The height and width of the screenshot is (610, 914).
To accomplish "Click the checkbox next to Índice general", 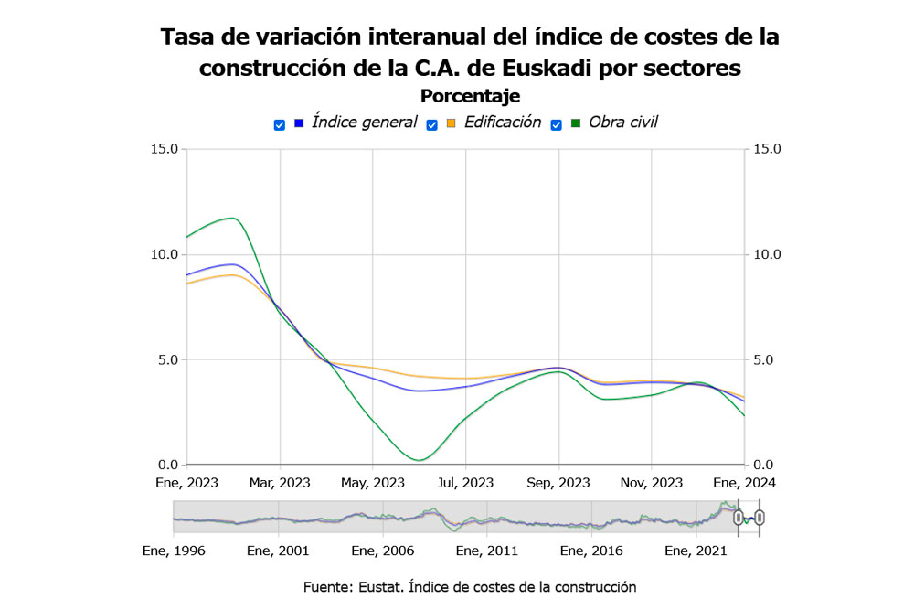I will pyautogui.click(x=280, y=124).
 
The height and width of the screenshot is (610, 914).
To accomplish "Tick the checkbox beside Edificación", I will pyautogui.click(x=432, y=124).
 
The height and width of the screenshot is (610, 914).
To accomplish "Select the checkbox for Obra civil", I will pyautogui.click(x=556, y=124).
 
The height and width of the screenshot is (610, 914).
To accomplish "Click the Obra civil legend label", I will pyautogui.click(x=622, y=123).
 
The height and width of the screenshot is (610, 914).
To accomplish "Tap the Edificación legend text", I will pyautogui.click(x=502, y=123).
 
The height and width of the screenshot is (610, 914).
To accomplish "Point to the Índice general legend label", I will pyautogui.click(x=364, y=123).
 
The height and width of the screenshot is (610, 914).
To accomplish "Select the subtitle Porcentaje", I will pyautogui.click(x=470, y=96).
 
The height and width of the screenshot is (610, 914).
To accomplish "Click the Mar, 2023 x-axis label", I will pyautogui.click(x=281, y=483).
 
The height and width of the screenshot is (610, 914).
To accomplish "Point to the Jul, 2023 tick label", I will pyautogui.click(x=466, y=483).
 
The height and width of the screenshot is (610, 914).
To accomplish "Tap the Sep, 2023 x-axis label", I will pyautogui.click(x=559, y=483).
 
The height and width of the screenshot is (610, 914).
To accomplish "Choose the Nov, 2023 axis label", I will pyautogui.click(x=652, y=483).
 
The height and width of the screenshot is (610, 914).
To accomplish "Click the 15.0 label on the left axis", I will pyautogui.click(x=165, y=149).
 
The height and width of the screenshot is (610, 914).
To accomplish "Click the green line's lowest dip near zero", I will pyautogui.click(x=420, y=460).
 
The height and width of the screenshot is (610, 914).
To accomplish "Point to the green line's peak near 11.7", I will pyautogui.click(x=233, y=218).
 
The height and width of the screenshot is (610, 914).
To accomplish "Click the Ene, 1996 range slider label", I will pyautogui.click(x=175, y=551).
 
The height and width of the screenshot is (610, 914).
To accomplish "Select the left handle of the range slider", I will pyautogui.click(x=738, y=519).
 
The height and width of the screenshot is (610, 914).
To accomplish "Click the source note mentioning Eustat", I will pyautogui.click(x=470, y=587).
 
